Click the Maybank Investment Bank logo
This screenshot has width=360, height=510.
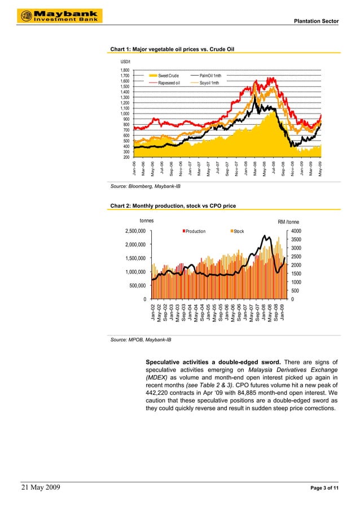click(57, 16)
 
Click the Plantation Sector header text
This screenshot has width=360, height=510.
click(317, 21)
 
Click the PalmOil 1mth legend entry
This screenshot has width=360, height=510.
click(210, 76)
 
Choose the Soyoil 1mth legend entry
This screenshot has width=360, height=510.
click(209, 82)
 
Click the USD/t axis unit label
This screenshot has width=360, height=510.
click(125, 61)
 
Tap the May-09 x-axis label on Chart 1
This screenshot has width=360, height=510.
click(321, 169)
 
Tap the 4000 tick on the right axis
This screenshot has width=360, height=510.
click(296, 231)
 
